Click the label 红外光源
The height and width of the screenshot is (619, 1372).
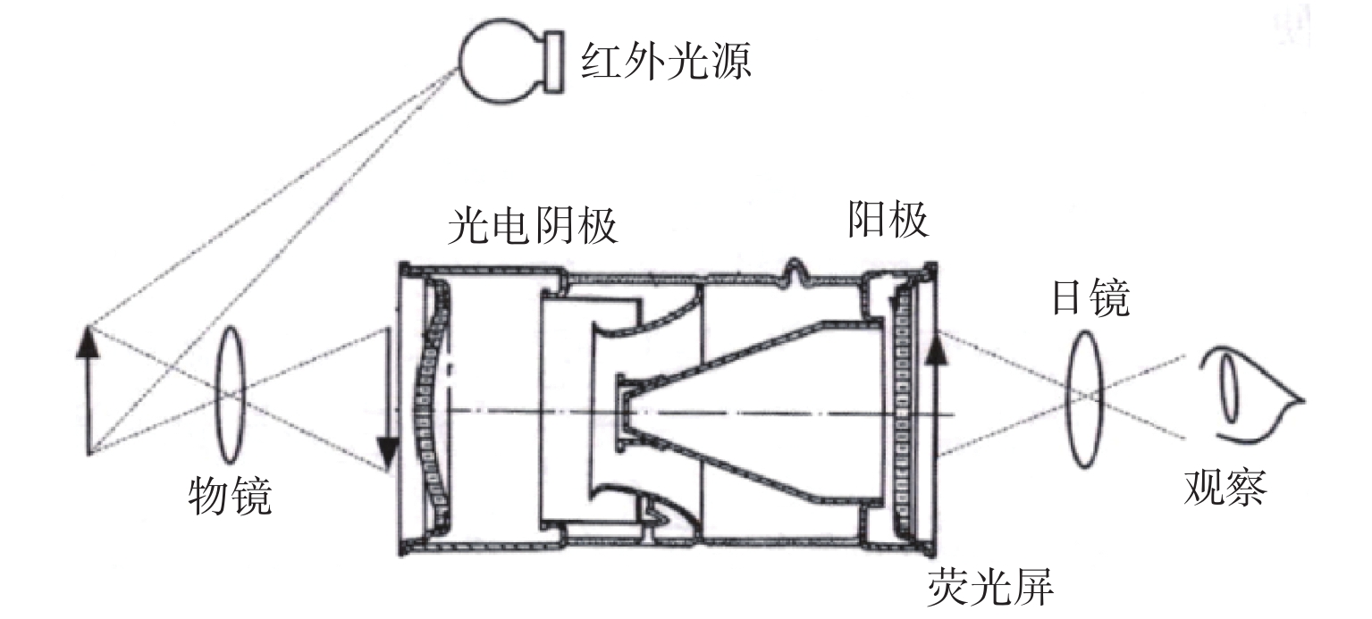pos(666,62)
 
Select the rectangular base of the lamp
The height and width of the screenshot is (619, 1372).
pos(552,62)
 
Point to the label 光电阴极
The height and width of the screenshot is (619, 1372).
pos(533,226)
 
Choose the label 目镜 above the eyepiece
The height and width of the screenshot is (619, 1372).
pos(1090,298)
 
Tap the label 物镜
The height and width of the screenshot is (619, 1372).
pos(230,496)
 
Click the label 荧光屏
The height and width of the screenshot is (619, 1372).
pos(990,585)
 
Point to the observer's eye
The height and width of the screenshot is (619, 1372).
pos(1250,395)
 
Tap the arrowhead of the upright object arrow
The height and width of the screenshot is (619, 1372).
pos(88,341)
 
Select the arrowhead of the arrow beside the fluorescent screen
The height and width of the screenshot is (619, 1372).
pos(935,347)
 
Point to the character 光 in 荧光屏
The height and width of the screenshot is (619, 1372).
pos(989,585)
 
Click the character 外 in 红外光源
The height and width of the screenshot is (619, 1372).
pos(644,62)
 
